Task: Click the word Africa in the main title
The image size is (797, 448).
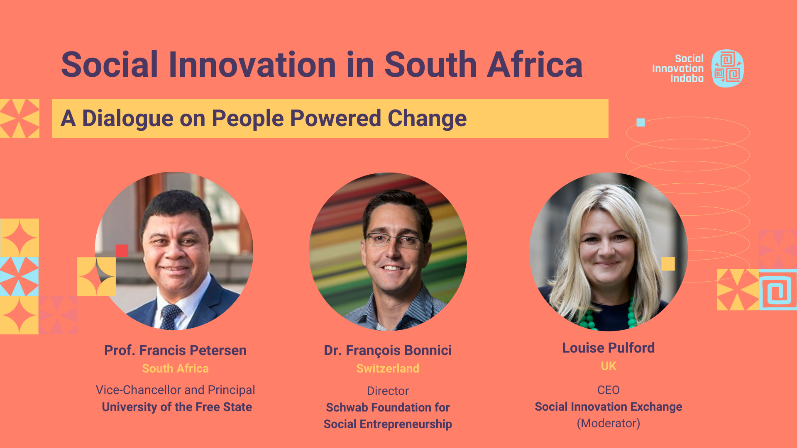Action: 535,65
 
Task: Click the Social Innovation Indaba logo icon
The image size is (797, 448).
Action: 727,68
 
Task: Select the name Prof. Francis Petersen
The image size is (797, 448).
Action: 175,351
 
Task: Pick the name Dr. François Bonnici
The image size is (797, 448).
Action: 388,351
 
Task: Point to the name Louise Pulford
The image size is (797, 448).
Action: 609,348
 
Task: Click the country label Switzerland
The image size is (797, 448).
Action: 388,368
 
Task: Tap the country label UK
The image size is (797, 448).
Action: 609,366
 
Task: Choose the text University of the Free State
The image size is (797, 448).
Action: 177,407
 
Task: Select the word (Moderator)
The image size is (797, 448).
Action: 609,423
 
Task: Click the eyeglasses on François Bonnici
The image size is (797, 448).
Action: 394,240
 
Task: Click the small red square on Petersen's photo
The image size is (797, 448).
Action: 122,251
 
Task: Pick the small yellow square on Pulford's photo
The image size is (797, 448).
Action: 668,264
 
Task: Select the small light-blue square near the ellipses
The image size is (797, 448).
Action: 641,122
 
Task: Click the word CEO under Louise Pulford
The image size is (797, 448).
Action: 609,390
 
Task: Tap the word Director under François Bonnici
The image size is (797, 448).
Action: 388,391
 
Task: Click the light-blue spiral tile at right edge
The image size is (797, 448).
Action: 778,290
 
